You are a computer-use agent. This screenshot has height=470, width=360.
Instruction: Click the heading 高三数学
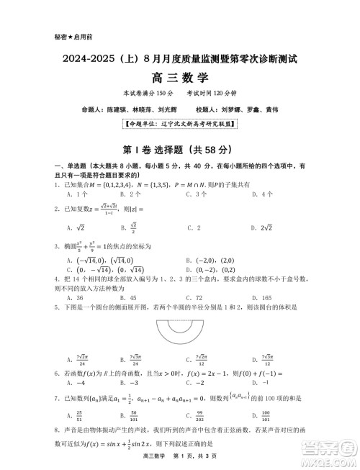(x=179, y=77)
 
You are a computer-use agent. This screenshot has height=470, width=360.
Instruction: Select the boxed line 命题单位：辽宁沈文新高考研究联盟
(x=179, y=124)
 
